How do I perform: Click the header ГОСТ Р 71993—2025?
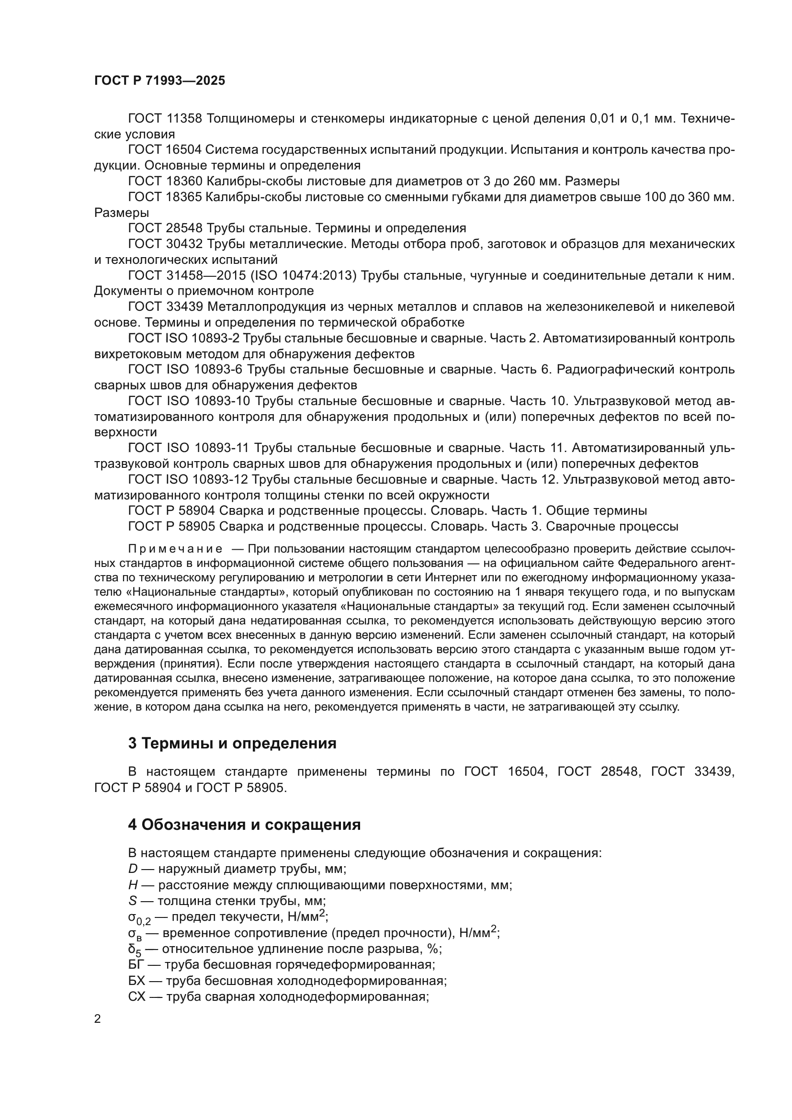[x=159, y=80]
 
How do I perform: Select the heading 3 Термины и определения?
[x=232, y=743]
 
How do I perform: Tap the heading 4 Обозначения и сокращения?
[x=244, y=825]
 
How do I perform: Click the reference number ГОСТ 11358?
[x=165, y=119]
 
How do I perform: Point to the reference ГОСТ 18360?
[x=165, y=181]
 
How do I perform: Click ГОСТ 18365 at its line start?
[x=165, y=197]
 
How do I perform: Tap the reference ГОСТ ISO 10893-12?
[x=188, y=479]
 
